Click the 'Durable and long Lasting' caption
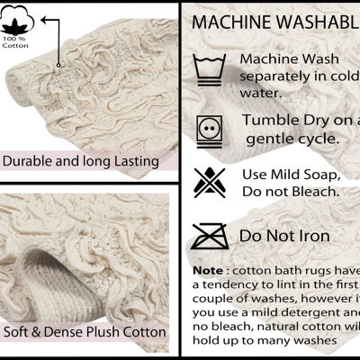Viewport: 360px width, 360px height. tap(80, 162)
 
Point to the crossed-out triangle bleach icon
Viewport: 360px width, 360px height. tap(210, 182)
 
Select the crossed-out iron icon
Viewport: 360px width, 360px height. tap(210, 236)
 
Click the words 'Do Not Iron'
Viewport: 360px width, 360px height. tap(284, 236)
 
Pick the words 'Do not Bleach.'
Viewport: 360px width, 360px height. tap(292, 191)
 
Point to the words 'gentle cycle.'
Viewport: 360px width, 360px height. tap(289, 139)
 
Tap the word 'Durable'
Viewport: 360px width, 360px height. tap(30, 162)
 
